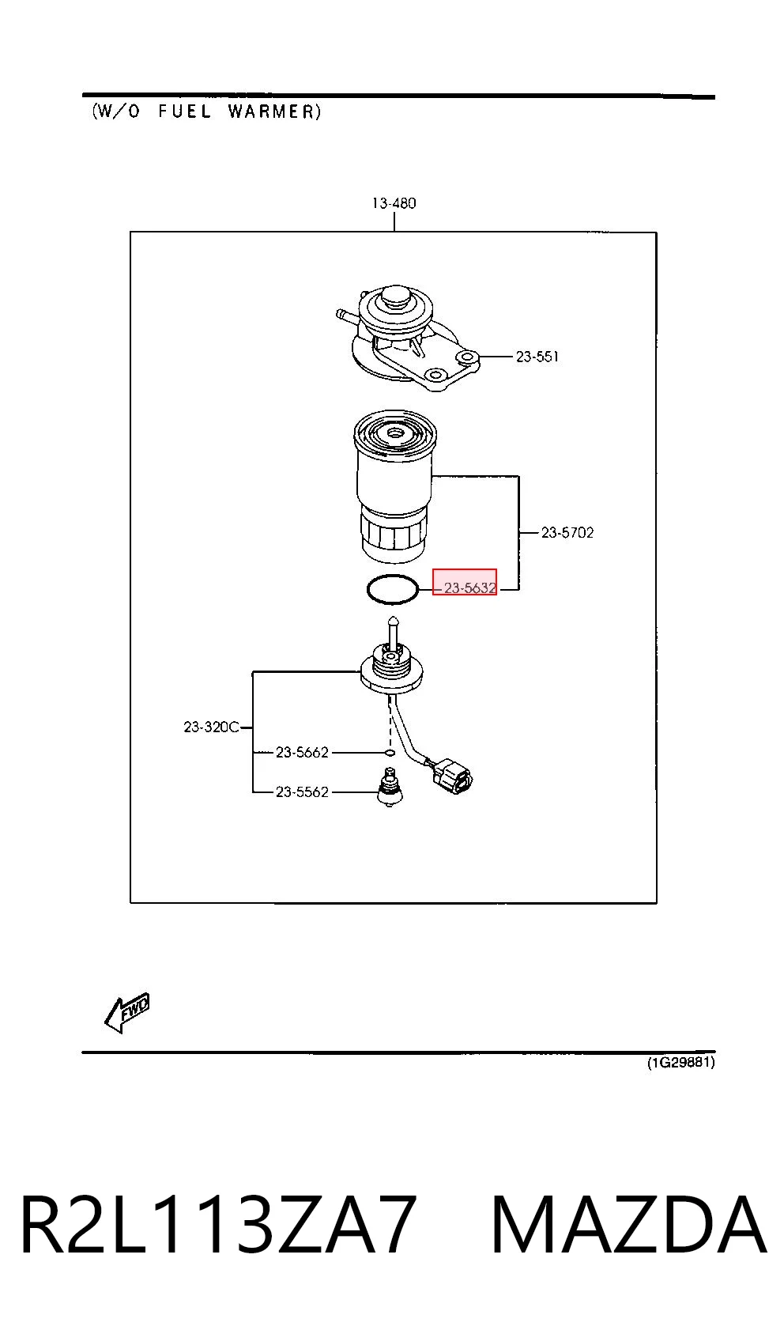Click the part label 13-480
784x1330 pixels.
(394, 203)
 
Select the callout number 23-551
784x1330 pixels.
(537, 357)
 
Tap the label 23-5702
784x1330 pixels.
(567, 533)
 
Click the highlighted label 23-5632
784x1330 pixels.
(470, 588)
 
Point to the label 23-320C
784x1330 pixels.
(211, 727)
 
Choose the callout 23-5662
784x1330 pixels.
(302, 752)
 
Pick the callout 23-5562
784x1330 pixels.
(302, 792)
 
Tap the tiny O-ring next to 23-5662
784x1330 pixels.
(390, 753)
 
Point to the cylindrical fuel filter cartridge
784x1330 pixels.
(394, 486)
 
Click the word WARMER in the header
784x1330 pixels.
(274, 111)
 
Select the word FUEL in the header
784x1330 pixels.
(184, 111)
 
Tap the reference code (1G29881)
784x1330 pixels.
(680, 1062)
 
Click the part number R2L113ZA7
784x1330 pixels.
(217, 1225)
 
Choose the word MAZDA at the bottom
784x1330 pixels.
(628, 1225)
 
